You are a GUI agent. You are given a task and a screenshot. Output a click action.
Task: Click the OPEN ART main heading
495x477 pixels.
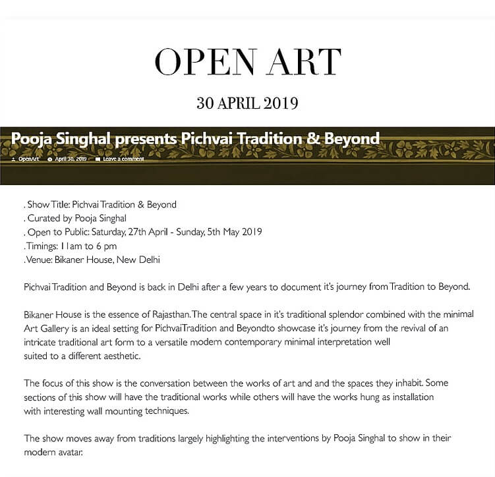tap(247, 63)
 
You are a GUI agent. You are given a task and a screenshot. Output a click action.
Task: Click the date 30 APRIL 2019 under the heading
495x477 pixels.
tap(247, 103)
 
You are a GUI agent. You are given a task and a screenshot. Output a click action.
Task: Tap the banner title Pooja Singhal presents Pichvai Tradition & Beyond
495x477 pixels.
tap(196, 139)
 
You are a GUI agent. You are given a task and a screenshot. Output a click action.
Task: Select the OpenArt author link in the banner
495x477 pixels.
tap(28, 159)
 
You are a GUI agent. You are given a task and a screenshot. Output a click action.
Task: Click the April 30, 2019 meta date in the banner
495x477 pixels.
tap(70, 159)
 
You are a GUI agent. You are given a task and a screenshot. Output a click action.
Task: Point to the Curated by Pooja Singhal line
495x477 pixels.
tap(76, 218)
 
